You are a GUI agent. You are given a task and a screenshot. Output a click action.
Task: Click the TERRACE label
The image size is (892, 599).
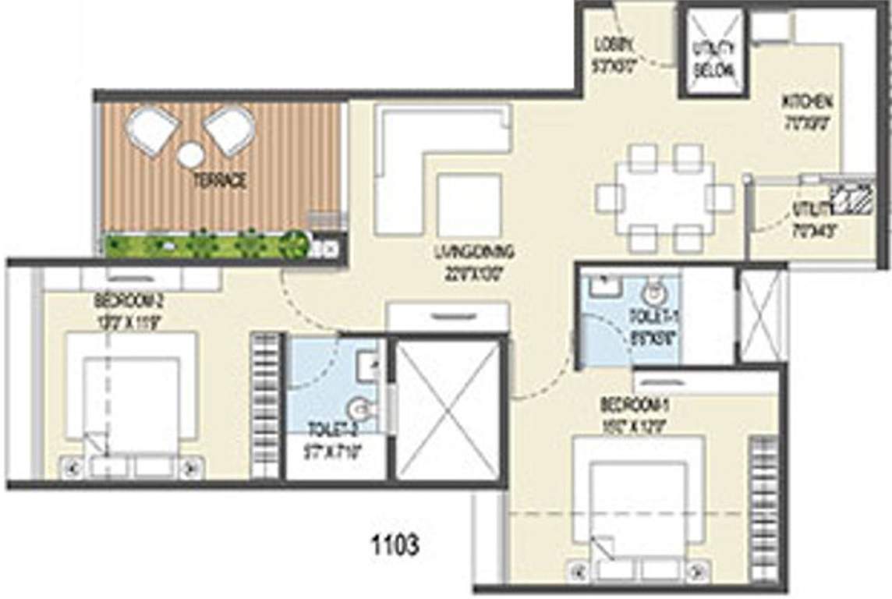(x=221, y=181)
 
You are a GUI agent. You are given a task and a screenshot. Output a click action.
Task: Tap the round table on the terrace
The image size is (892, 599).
(x=190, y=155)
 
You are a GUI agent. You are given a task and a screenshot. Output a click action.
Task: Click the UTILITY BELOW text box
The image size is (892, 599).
(x=713, y=58)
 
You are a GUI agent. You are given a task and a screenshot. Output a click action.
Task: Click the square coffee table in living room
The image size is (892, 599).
(x=469, y=204)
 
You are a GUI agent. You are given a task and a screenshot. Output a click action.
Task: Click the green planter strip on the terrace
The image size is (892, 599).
(x=204, y=245)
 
